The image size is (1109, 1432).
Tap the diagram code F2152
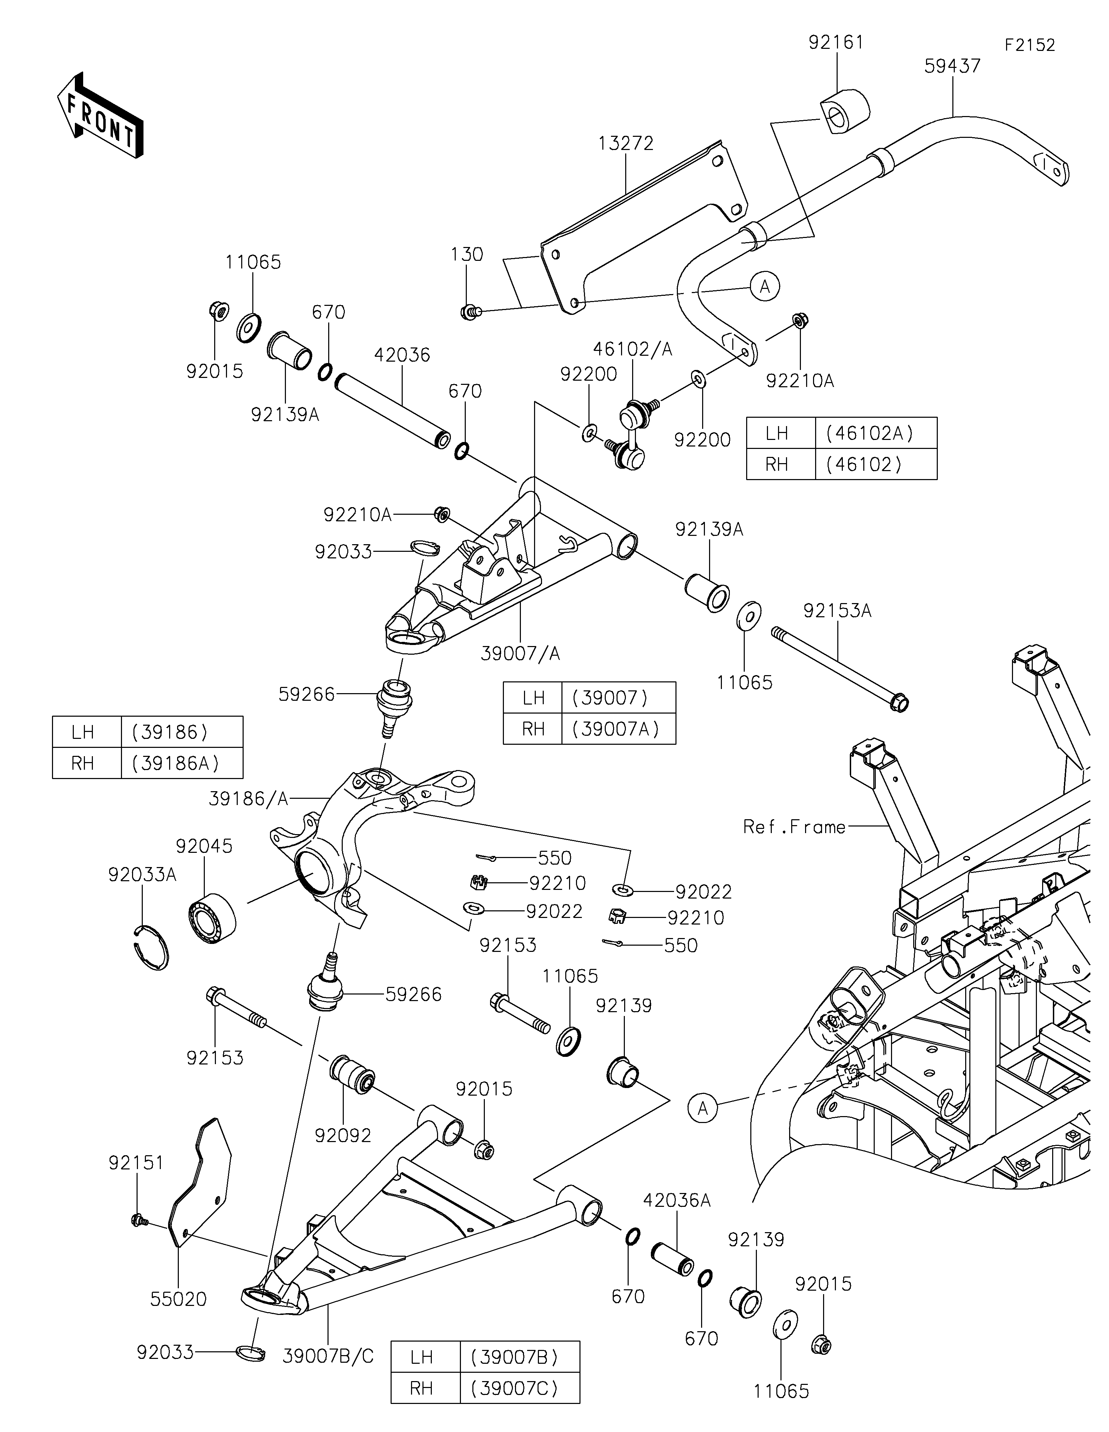click(x=1030, y=45)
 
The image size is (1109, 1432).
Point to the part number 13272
click(x=626, y=144)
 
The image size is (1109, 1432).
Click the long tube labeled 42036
click(x=392, y=412)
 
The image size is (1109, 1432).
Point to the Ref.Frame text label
click(x=794, y=827)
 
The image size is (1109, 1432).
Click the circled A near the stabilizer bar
click(x=765, y=286)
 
